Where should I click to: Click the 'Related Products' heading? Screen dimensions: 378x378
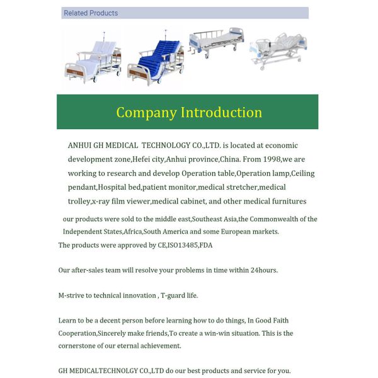click(x=91, y=13)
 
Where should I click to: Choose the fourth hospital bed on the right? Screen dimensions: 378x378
click(x=278, y=49)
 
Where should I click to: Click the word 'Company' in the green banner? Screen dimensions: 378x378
click(x=146, y=112)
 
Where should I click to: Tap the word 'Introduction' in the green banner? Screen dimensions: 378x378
click(x=221, y=112)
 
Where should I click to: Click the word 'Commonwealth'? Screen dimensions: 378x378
click(x=273, y=219)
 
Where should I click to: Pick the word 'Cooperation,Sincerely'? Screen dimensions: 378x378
click(x=96, y=333)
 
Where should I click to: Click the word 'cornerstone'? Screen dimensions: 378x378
click(x=79, y=346)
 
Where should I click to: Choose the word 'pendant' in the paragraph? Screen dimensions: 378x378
click(x=82, y=188)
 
